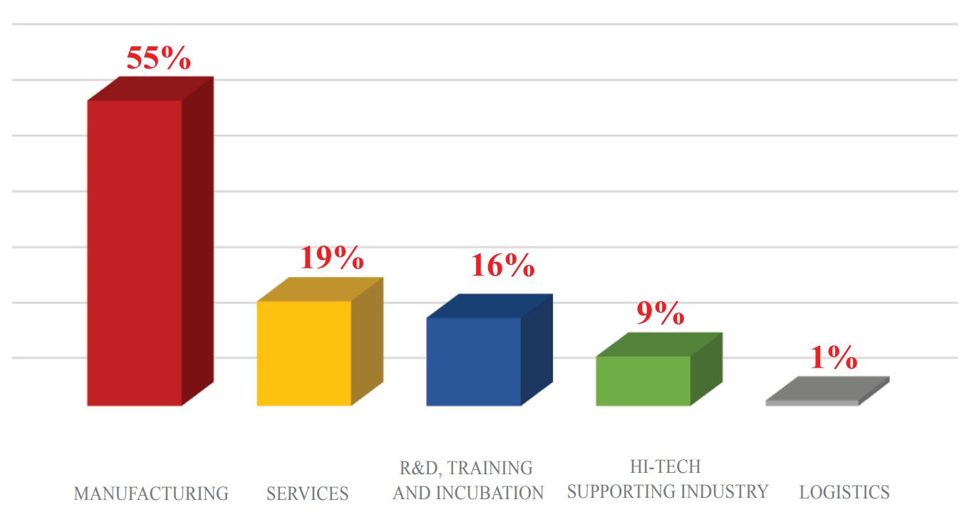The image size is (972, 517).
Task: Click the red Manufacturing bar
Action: click(135, 253)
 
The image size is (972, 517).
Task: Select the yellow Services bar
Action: click(304, 353)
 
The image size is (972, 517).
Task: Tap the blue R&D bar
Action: click(474, 362)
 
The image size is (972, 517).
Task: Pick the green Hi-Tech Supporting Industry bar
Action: click(643, 381)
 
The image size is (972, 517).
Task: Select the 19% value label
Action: click(331, 258)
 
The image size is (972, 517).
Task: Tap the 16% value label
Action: click(502, 266)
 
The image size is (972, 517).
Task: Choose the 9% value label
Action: click(660, 313)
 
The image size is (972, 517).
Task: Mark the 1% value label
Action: click(833, 358)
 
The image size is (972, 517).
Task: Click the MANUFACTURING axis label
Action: click(151, 493)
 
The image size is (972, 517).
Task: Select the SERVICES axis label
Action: click(307, 493)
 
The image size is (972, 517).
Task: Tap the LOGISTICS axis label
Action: click(844, 492)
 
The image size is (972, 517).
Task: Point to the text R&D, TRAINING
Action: click(466, 468)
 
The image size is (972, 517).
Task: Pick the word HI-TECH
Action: click(665, 466)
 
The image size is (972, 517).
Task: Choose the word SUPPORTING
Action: click(623, 491)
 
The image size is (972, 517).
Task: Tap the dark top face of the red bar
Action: click(150, 88)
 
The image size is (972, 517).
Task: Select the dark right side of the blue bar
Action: click(537, 350)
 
